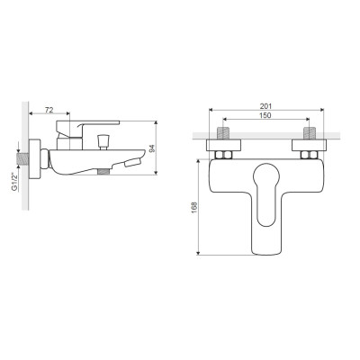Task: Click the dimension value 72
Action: pyautogui.click(x=49, y=110)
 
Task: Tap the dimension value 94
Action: pyautogui.click(x=152, y=148)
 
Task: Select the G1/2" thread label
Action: pyautogui.click(x=14, y=181)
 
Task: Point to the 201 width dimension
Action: pyautogui.click(x=265, y=106)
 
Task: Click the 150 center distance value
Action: pyautogui.click(x=265, y=115)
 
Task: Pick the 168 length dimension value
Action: pyautogui.click(x=194, y=208)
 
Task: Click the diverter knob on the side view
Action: pyautogui.click(x=103, y=141)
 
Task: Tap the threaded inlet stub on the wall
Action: pyautogui.click(x=24, y=158)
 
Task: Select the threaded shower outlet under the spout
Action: pyautogui.click(x=103, y=171)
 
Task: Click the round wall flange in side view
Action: pyautogui.click(x=35, y=158)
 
